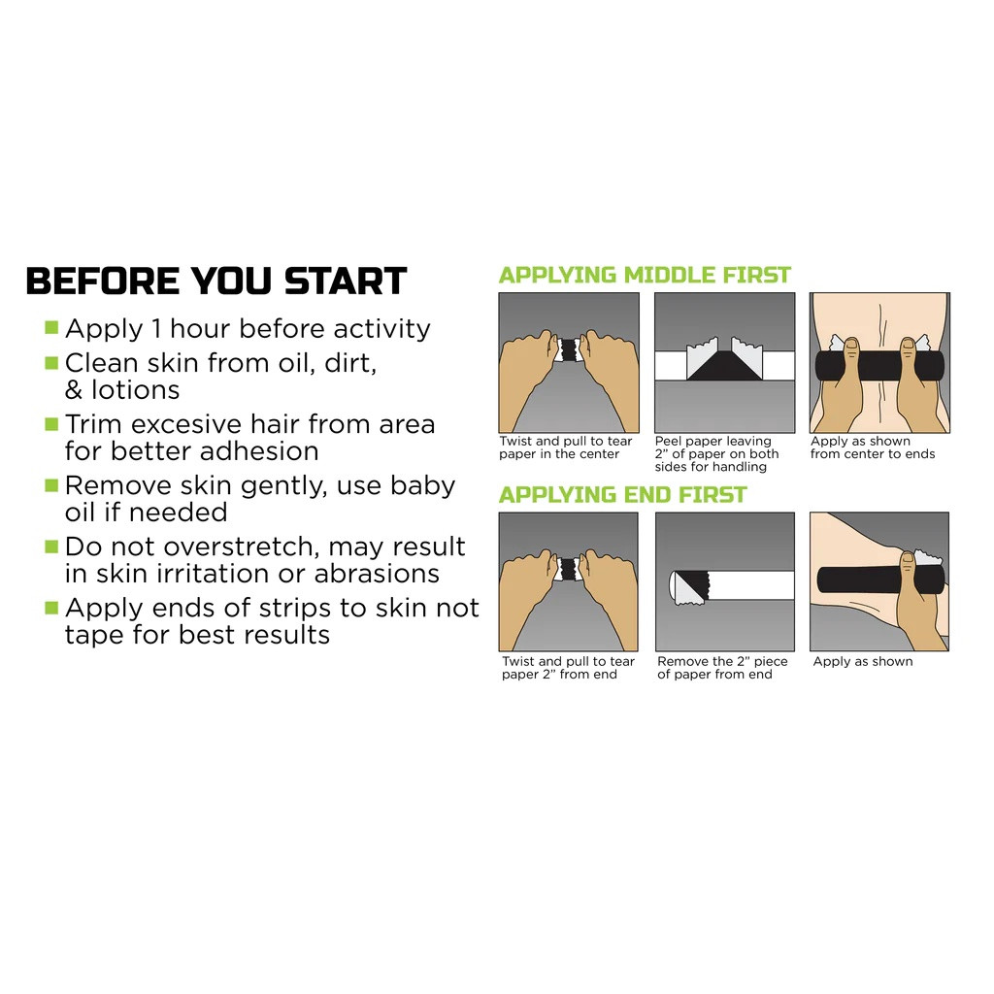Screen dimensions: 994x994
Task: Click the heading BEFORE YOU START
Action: (x=215, y=281)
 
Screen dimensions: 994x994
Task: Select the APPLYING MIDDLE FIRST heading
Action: (x=645, y=275)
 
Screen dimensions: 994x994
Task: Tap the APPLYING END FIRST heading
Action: (x=622, y=495)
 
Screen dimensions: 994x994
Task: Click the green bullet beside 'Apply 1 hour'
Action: (x=51, y=327)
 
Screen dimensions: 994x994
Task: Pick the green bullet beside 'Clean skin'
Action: (x=51, y=362)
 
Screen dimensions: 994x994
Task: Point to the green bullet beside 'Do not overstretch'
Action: (x=51, y=546)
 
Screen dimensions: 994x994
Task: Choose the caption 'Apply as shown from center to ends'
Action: (x=873, y=447)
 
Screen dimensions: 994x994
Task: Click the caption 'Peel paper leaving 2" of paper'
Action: (x=717, y=453)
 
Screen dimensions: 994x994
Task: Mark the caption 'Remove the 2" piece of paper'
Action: (x=722, y=668)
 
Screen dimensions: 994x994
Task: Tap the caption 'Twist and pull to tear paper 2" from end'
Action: (x=568, y=668)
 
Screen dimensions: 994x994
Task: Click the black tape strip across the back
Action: (x=879, y=365)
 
